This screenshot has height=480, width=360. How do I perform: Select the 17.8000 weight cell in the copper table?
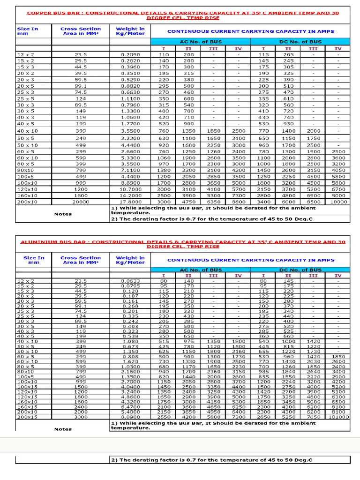[130, 202]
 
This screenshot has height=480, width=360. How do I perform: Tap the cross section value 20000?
[81, 202]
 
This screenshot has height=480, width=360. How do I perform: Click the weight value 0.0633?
[130, 281]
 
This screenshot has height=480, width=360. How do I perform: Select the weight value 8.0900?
[130, 416]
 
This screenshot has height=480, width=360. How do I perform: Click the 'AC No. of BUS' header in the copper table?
[200, 41]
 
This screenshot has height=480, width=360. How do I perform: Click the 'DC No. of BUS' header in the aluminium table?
[300, 270]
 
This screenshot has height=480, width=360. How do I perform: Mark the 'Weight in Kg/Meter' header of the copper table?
[130, 31]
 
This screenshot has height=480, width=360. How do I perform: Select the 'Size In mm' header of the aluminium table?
[33, 260]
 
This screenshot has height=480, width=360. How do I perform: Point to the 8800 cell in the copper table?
[238, 202]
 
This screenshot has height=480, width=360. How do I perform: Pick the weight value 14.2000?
[130, 195]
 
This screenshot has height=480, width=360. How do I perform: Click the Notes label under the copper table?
[63, 214]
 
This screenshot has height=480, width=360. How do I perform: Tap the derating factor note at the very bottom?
[211, 460]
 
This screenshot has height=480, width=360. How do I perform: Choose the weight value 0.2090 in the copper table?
[130, 54]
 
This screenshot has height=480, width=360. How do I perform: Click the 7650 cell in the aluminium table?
[313, 416]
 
